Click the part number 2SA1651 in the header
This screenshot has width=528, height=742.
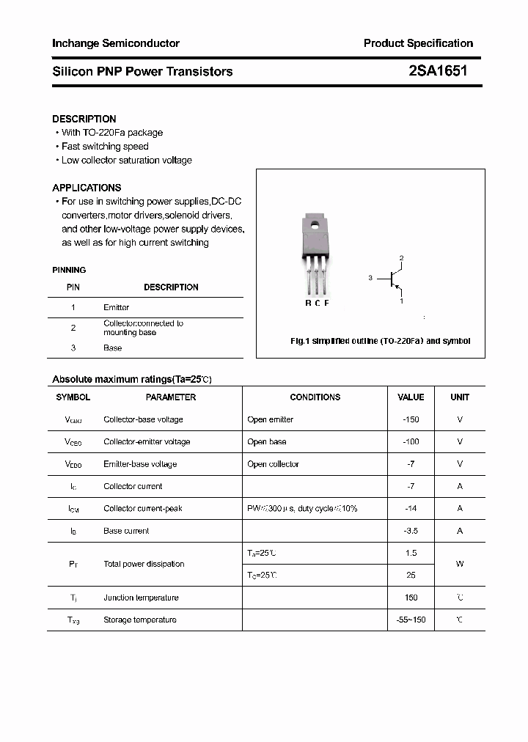tap(438, 71)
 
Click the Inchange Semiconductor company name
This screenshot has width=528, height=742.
tap(116, 43)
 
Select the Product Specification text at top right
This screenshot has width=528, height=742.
tap(418, 43)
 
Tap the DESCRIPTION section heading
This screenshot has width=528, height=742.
tap(84, 119)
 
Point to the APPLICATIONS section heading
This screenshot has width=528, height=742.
tap(87, 188)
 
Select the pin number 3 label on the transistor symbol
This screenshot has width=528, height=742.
tap(371, 278)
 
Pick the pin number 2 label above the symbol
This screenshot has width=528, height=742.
tap(401, 258)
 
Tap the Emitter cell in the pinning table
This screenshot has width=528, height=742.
tap(117, 307)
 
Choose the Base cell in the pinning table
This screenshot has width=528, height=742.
tap(113, 348)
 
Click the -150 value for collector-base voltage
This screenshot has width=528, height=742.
tap(411, 419)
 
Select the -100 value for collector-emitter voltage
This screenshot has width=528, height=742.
tap(411, 441)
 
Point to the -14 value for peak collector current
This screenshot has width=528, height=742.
tap(411, 508)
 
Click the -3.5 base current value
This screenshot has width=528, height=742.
tap(411, 530)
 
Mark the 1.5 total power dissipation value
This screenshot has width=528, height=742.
tap(411, 553)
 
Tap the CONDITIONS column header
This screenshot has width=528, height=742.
tap(315, 397)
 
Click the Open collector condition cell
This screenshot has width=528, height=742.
tap(274, 464)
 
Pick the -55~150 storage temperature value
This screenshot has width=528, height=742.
tap(411, 620)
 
